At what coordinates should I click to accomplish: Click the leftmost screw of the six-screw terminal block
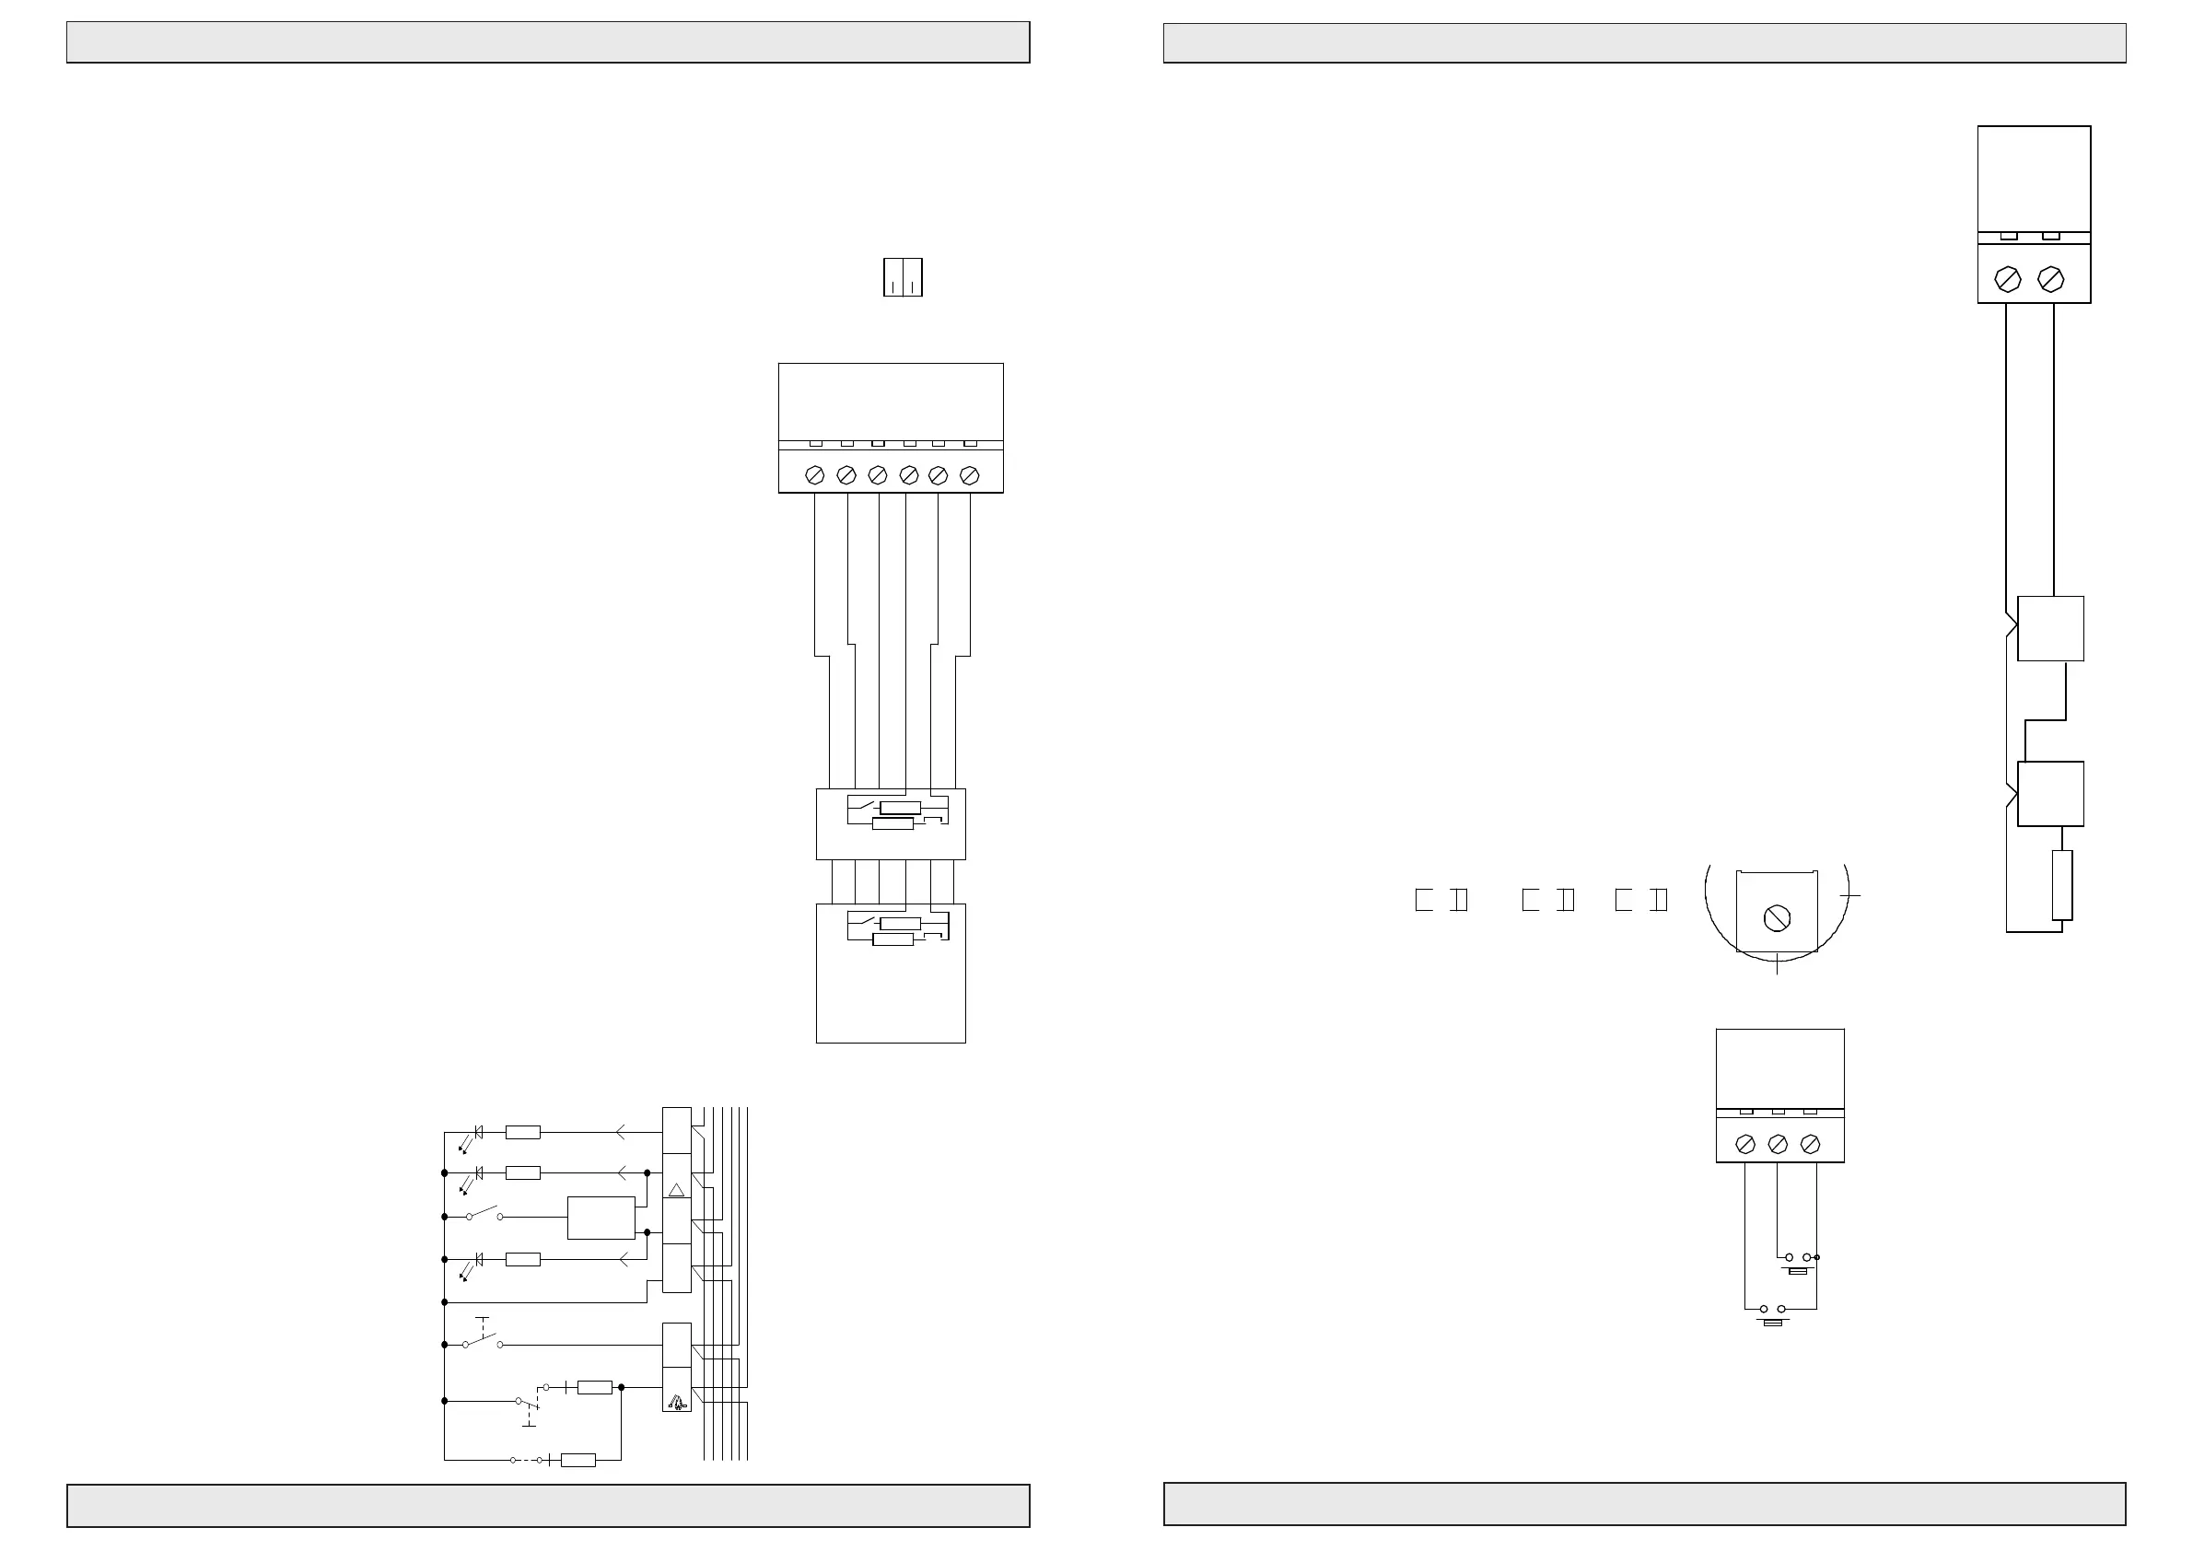815,474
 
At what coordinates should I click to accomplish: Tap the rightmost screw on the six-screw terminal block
970,474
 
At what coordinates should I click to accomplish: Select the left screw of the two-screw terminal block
2008,279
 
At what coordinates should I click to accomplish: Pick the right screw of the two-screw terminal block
2050,279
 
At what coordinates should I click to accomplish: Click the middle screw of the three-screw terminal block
1778,1143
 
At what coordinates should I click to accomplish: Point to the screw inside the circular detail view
1777,918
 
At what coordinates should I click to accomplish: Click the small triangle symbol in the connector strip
676,1190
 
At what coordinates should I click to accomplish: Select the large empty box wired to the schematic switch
601,1218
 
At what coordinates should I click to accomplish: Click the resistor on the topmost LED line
522,1133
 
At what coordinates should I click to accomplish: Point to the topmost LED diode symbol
478,1133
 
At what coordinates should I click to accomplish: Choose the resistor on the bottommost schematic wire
577,1460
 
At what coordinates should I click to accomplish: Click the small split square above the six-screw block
903,277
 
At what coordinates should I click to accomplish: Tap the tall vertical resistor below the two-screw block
2062,884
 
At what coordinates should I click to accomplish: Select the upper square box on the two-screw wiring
2049,628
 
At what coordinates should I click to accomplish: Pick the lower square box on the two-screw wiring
2049,794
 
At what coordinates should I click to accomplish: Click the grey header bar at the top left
548,43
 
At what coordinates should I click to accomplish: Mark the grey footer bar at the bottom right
1645,1504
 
